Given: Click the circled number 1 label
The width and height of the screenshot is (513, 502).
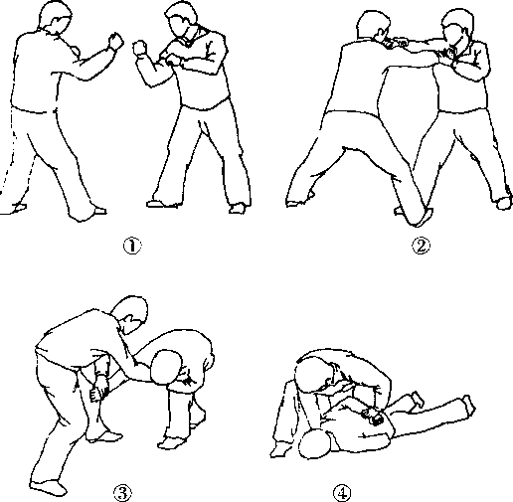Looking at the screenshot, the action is [x=132, y=246].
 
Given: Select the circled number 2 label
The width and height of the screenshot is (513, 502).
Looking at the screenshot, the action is [x=421, y=246].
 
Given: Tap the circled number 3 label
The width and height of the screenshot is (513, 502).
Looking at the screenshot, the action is [x=122, y=493].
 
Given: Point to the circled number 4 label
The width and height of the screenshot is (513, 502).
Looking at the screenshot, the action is [x=342, y=493].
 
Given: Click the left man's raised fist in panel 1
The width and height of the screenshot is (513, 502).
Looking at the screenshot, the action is [x=116, y=42].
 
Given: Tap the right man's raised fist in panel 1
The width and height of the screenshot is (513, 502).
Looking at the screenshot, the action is [x=139, y=49].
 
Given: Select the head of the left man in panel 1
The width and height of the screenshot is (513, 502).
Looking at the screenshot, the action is [x=56, y=17].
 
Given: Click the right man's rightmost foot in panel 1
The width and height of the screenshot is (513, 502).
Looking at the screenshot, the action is [x=238, y=208].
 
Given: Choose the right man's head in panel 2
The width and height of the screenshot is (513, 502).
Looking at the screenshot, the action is [x=458, y=27].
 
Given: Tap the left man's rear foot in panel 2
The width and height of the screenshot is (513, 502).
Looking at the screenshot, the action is [x=298, y=202].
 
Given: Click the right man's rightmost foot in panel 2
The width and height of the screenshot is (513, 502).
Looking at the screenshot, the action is [x=503, y=203].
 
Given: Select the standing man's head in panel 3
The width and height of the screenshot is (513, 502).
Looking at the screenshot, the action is [x=130, y=315].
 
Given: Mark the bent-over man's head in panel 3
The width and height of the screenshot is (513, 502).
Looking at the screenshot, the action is [x=166, y=367].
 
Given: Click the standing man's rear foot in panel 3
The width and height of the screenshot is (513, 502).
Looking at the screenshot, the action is [x=48, y=487].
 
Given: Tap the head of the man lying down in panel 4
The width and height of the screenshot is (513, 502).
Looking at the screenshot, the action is [x=315, y=444].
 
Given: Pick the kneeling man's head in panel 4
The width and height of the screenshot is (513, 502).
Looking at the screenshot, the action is [x=312, y=376].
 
